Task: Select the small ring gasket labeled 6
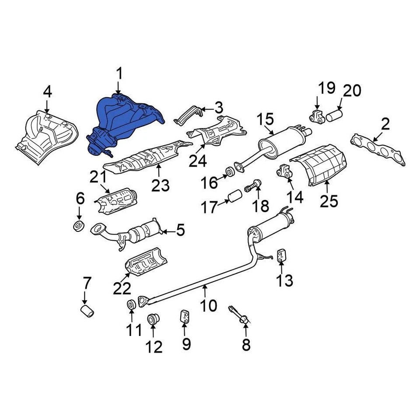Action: point(79,227)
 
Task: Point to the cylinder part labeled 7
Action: point(88,312)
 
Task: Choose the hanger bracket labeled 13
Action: point(281,255)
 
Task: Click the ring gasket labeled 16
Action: point(230,171)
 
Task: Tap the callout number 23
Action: point(160,186)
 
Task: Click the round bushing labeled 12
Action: point(153,319)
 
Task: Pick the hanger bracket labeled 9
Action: point(185,317)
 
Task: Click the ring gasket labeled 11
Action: point(130,305)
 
